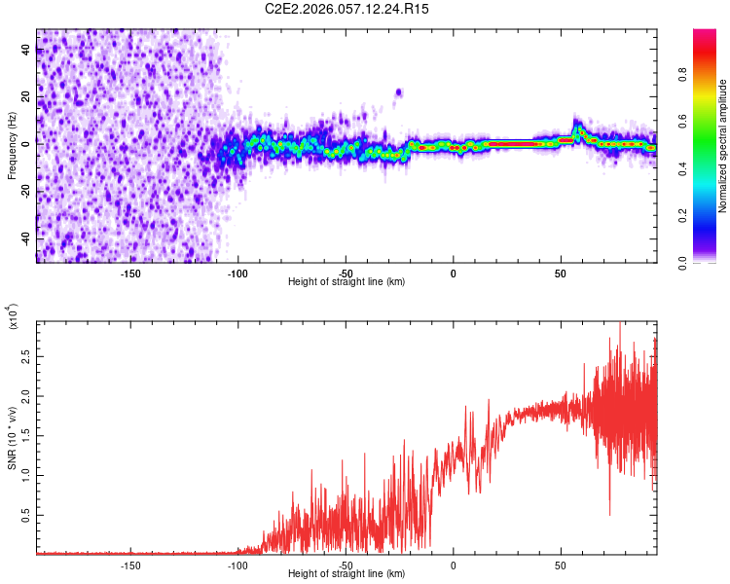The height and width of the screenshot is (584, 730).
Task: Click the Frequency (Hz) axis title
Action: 12,146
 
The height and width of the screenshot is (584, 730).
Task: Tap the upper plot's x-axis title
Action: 347,281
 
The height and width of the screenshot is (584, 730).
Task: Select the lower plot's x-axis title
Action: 347,573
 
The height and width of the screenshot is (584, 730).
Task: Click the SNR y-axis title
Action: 12,437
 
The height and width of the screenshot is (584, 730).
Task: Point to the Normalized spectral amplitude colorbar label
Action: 722,146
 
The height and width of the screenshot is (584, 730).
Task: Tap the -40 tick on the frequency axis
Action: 25,237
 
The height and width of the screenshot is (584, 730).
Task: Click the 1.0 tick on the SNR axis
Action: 25,474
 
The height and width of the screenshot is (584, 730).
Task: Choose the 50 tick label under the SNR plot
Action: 561,564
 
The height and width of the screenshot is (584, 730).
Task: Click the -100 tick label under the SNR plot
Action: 237,564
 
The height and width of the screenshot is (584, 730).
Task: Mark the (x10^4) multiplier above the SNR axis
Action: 14,317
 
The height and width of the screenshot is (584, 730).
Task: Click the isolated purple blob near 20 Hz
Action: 398,92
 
